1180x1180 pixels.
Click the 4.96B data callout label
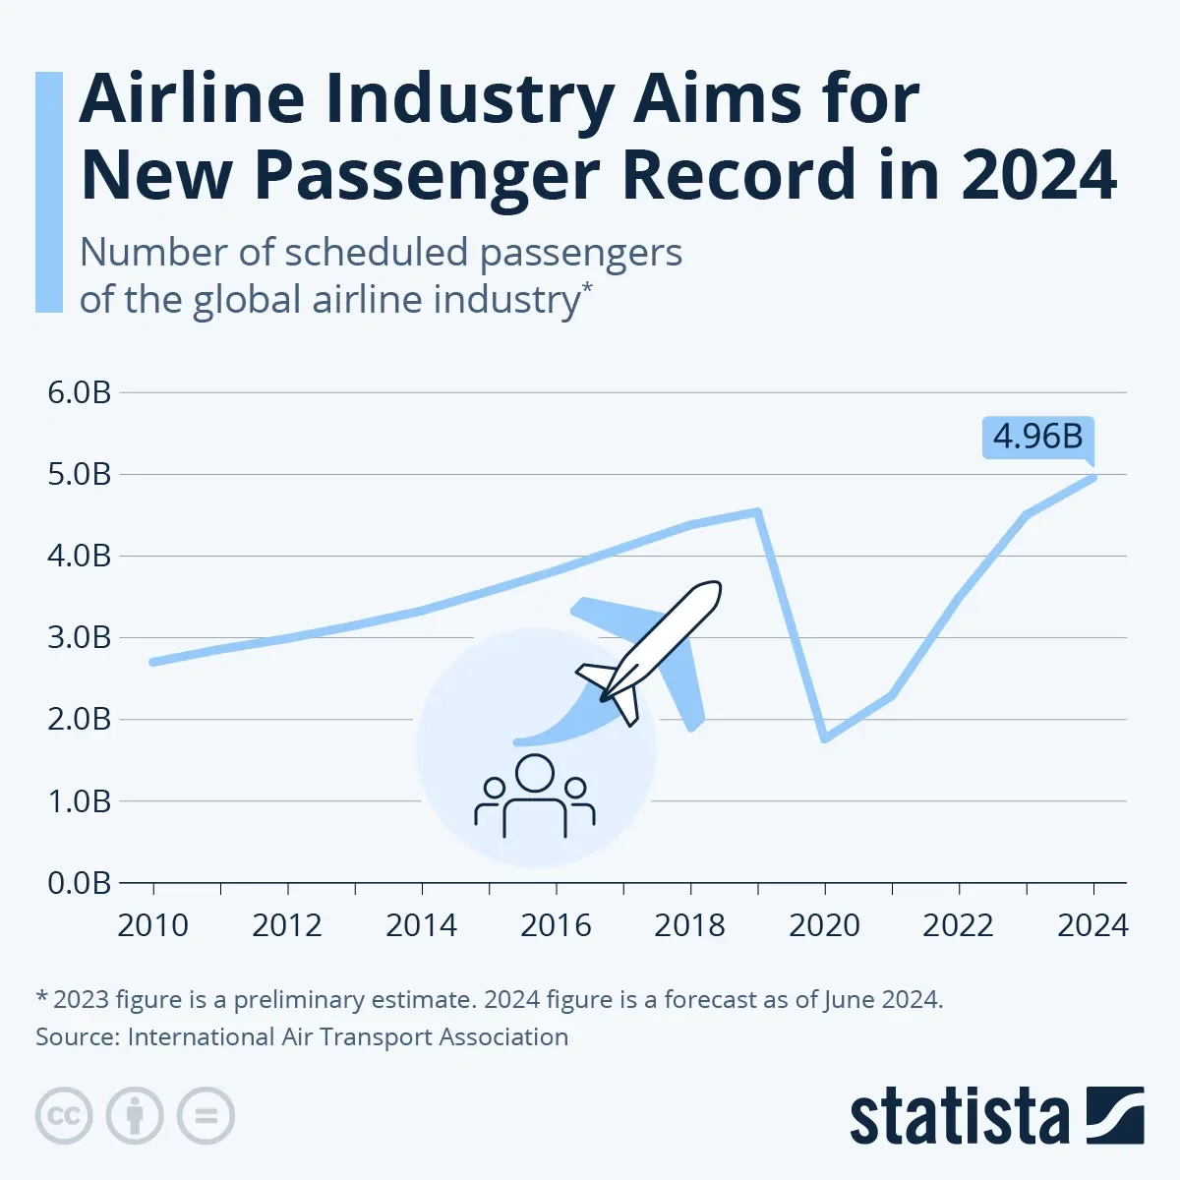pyautogui.click(x=1037, y=437)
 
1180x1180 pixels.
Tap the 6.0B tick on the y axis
pyautogui.click(x=80, y=392)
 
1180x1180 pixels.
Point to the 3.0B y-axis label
pyautogui.click(x=80, y=637)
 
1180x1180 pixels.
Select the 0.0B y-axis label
pyautogui.click(x=80, y=882)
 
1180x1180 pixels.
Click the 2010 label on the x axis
pyautogui.click(x=152, y=925)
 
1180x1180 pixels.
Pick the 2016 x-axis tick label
pyautogui.click(x=556, y=925)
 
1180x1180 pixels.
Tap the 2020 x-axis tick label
pyautogui.click(x=824, y=925)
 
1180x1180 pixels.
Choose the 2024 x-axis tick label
pyautogui.click(x=1092, y=925)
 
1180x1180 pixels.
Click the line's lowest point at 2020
pyautogui.click(x=824, y=738)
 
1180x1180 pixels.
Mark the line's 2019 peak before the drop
pyautogui.click(x=757, y=511)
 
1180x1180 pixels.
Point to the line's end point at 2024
pyautogui.click(x=1092, y=478)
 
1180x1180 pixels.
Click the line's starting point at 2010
pyautogui.click(x=153, y=662)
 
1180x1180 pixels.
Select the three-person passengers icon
pyautogui.click(x=535, y=796)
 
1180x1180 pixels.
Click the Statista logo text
pyautogui.click(x=959, y=1117)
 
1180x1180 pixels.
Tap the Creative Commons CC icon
pyautogui.click(x=64, y=1116)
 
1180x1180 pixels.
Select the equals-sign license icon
pyautogui.click(x=206, y=1116)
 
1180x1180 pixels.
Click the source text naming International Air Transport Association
pyautogui.click(x=302, y=1036)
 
